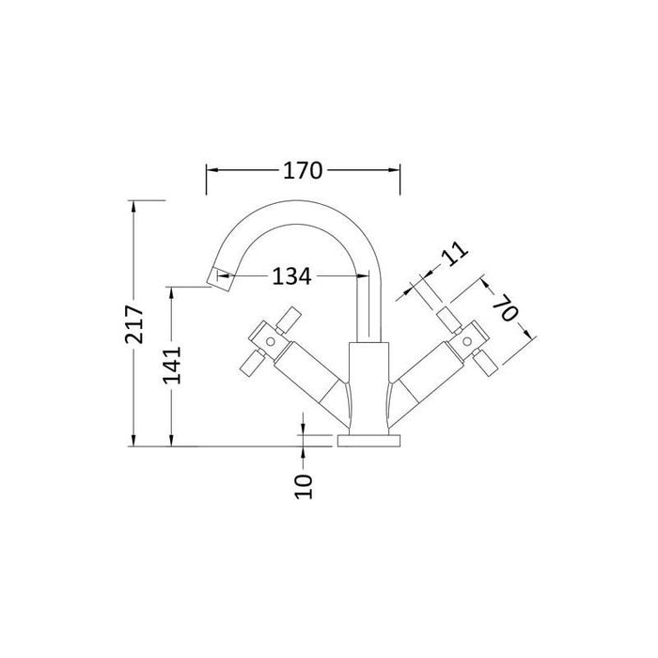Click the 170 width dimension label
pos(304,170)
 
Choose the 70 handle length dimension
pos(506,309)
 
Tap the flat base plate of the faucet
pos(368,441)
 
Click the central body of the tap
pos(368,385)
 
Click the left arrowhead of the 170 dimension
pos(211,170)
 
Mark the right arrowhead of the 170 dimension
pos(397,170)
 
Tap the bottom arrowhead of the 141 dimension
pos(170,443)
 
